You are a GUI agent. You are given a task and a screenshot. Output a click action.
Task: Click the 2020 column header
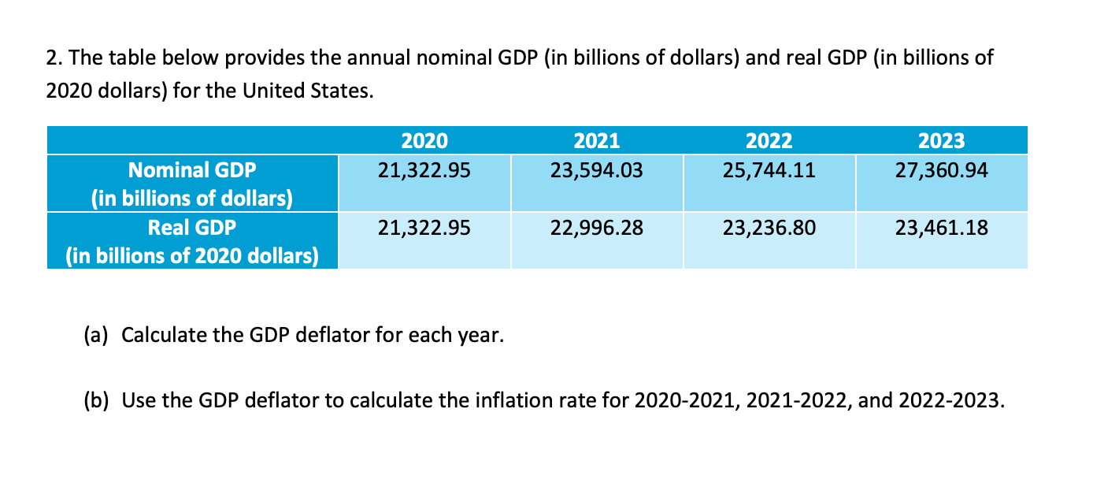(424, 141)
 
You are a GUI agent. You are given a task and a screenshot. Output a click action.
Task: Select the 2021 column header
(596, 141)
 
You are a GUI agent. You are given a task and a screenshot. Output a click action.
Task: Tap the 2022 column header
(769, 141)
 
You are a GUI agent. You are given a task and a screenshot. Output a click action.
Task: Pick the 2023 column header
(941, 141)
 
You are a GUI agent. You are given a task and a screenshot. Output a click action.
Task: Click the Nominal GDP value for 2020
(424, 169)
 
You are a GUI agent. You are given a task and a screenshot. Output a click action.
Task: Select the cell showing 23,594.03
(596, 169)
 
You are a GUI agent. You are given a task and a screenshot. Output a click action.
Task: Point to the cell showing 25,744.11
(769, 169)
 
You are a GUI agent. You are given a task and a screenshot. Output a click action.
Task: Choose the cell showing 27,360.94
(941, 169)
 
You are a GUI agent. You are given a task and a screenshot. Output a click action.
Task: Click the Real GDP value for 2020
(424, 229)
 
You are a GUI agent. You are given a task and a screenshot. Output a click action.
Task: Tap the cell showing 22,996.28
(596, 229)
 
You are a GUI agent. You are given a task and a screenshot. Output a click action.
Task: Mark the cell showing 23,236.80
(769, 229)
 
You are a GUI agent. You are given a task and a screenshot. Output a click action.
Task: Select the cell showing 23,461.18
(941, 229)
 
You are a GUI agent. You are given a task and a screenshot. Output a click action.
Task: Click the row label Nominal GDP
(192, 170)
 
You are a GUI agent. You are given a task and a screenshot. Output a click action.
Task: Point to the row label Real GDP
(192, 229)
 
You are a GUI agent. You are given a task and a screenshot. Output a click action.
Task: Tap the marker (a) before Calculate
(98, 336)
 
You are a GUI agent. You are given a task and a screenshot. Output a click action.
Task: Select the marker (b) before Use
(98, 400)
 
